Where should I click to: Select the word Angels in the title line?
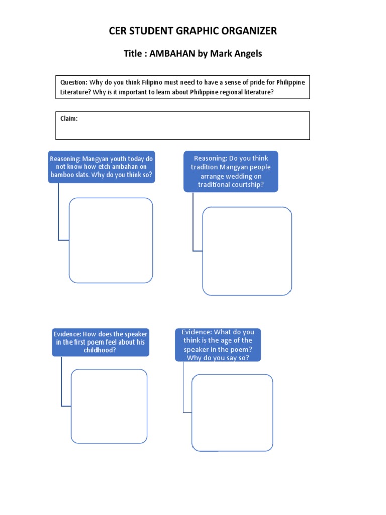pos(246,54)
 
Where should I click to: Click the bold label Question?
pos(74,82)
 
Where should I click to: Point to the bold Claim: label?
pos(69,119)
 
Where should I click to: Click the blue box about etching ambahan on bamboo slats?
pos(102,167)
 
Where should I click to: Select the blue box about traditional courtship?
pos(231,172)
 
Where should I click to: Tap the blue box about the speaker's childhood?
pos(101,342)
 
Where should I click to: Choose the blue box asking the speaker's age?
pos(218,345)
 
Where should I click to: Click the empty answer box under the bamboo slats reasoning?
pos(111,240)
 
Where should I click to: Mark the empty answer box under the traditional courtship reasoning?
pos(247,251)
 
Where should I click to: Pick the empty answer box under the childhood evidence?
pos(109,406)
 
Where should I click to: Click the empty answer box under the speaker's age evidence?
pos(233,412)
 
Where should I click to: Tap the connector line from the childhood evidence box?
pos(62,382)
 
